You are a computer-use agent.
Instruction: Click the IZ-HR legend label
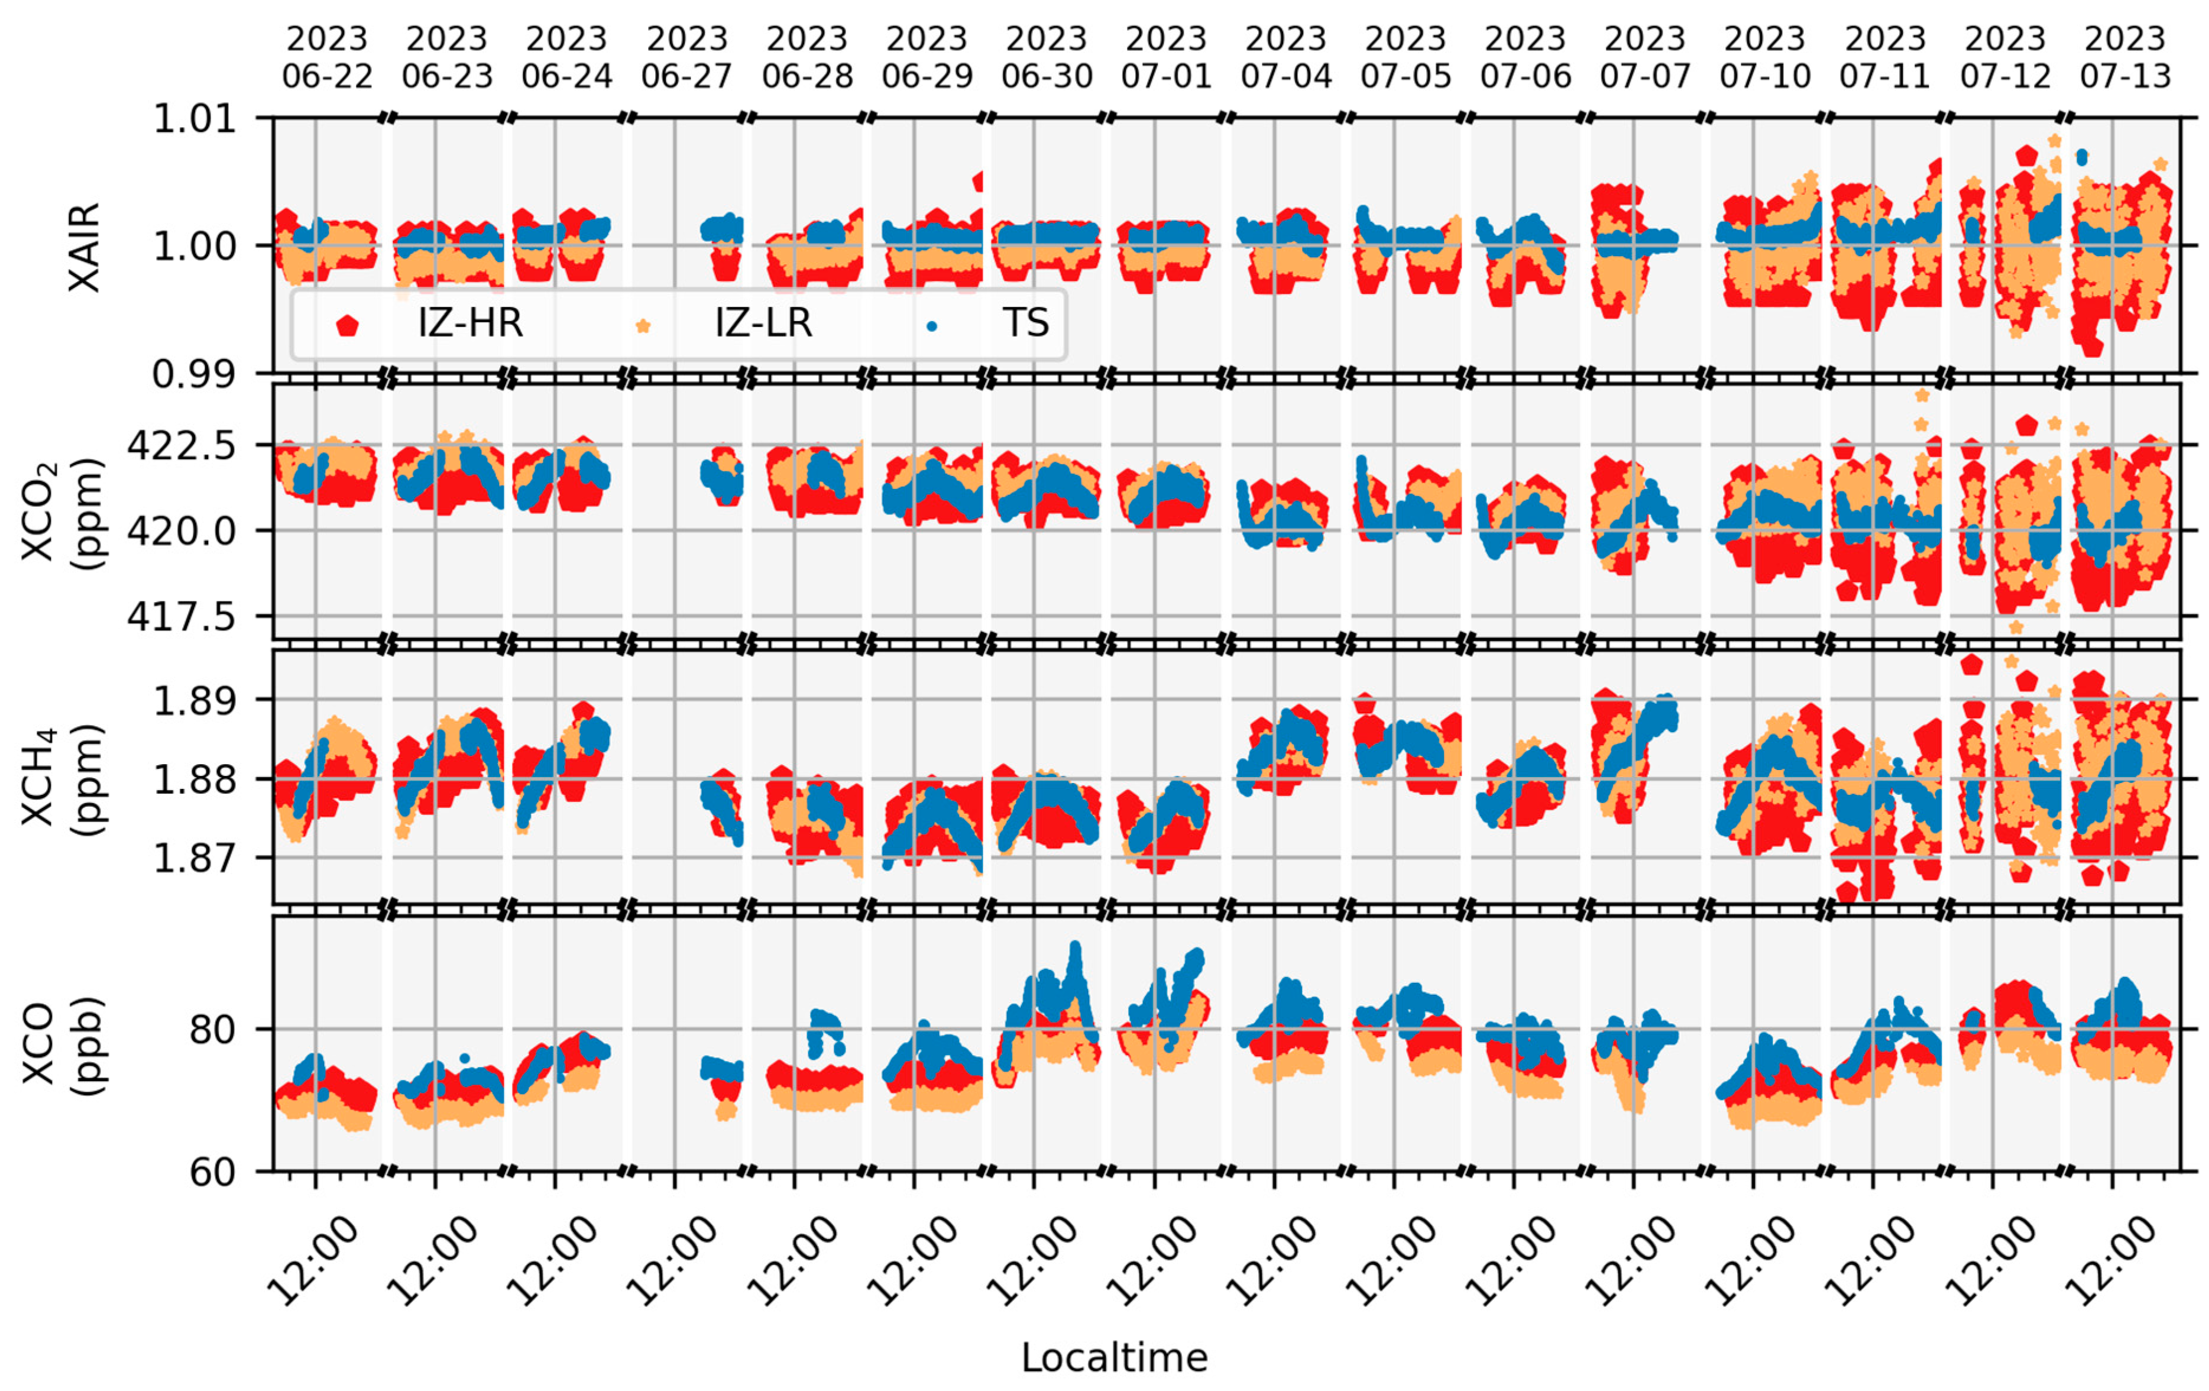click(469, 323)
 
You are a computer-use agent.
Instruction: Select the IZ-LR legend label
click(763, 323)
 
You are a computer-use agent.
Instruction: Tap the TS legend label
click(1026, 323)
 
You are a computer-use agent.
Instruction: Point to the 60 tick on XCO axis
click(213, 1173)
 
